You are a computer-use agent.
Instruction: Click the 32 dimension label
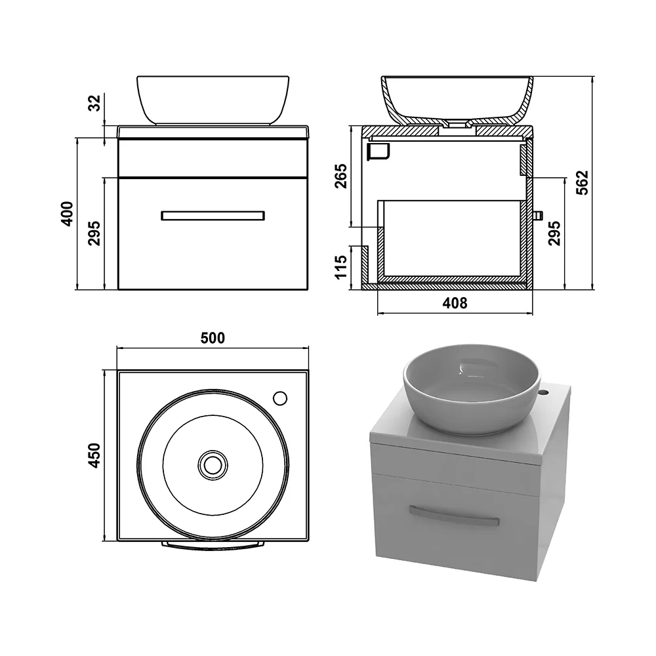pyautogui.click(x=95, y=103)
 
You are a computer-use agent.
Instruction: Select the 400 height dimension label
pyautogui.click(x=68, y=213)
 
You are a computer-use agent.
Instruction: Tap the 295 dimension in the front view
pyautogui.click(x=95, y=234)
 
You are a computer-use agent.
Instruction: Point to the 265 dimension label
pyautogui.click(x=341, y=176)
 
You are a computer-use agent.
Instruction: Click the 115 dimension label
pyautogui.click(x=341, y=266)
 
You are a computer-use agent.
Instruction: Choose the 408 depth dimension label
pyautogui.click(x=455, y=303)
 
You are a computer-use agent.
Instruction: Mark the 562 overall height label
pyautogui.click(x=582, y=183)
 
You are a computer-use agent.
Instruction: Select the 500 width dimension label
pyautogui.click(x=213, y=338)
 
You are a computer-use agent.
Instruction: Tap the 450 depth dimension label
pyautogui.click(x=95, y=455)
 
